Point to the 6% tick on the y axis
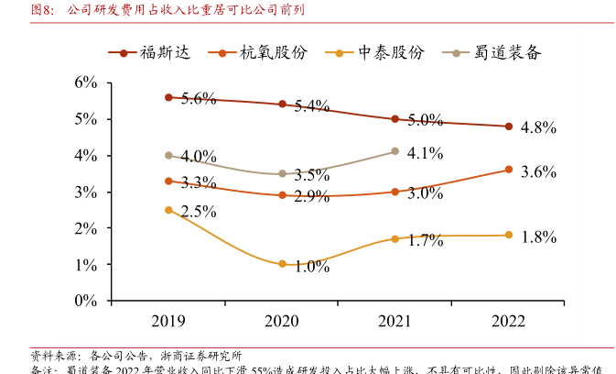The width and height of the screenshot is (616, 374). pyautogui.click(x=86, y=82)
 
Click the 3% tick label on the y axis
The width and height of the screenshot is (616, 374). pyautogui.click(x=86, y=192)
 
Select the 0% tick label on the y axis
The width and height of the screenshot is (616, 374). pyautogui.click(x=86, y=301)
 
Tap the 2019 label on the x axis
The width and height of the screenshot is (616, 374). pyautogui.click(x=169, y=321)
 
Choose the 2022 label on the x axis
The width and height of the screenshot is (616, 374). pyautogui.click(x=508, y=321)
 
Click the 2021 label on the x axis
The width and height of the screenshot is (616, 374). pyautogui.click(x=394, y=321)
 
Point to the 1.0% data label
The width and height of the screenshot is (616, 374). pyautogui.click(x=312, y=267)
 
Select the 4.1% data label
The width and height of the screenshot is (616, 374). pyautogui.click(x=425, y=153)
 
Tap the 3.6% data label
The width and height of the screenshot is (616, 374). pyautogui.click(x=538, y=171)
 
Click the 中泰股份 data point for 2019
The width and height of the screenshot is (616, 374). pyautogui.click(x=169, y=210)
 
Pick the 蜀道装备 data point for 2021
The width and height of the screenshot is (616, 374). pyautogui.click(x=394, y=151)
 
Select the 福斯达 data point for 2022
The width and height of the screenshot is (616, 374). pyautogui.click(x=508, y=126)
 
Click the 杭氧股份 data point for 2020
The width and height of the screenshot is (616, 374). pyautogui.click(x=282, y=195)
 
